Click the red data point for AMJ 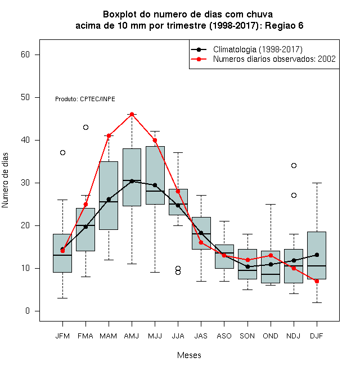pyautogui.click(x=132, y=115)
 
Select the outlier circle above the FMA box pyautogui.click(x=85, y=127)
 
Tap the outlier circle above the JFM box pyautogui.click(x=62, y=152)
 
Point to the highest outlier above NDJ pyautogui.click(x=294, y=165)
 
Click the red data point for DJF pyautogui.click(x=317, y=281)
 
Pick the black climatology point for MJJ pyautogui.click(x=155, y=185)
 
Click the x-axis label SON pyautogui.click(x=247, y=336)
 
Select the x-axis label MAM pyautogui.click(x=108, y=336)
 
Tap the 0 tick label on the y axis pyautogui.click(x=28, y=311)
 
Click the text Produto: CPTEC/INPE pyautogui.click(x=85, y=99)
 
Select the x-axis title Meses pyautogui.click(x=189, y=355)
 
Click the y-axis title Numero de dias pyautogui.click(x=5, y=180)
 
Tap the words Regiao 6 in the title pyautogui.click(x=284, y=25)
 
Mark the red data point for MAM pyautogui.click(x=109, y=136)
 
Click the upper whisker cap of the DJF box pyautogui.click(x=317, y=183)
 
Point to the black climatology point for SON pyautogui.click(x=247, y=266)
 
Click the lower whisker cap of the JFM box pyautogui.click(x=62, y=298)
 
